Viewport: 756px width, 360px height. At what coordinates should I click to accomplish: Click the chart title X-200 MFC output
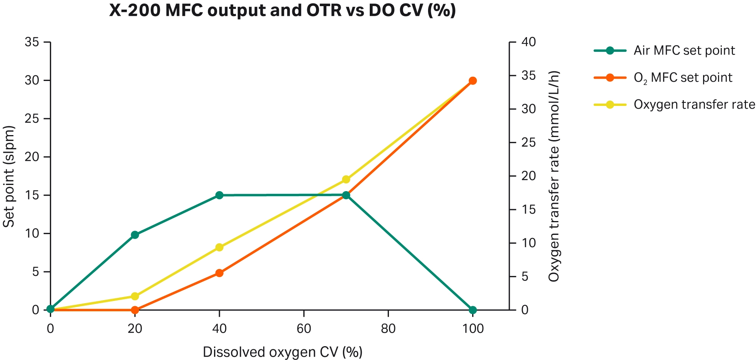tap(282, 10)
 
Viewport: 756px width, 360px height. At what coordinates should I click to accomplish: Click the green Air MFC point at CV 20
tap(135, 235)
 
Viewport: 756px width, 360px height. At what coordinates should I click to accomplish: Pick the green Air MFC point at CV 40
tap(219, 195)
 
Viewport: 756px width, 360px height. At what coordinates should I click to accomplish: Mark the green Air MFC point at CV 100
tap(473, 310)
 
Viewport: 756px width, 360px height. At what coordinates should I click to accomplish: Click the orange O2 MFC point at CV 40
tap(219, 273)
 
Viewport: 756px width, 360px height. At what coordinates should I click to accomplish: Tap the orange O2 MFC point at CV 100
tap(473, 81)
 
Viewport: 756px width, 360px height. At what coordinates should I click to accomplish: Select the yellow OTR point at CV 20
tap(135, 296)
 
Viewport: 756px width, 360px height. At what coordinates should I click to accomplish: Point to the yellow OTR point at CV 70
tap(346, 179)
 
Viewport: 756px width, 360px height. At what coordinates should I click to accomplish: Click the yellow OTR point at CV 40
tap(219, 247)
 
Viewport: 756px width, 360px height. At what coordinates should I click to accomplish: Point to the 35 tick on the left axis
tap(32, 42)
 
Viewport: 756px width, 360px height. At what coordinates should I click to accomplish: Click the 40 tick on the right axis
tap(528, 42)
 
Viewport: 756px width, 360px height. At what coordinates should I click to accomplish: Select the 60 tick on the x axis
tap(304, 329)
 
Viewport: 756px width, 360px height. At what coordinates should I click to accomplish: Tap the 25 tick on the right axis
tap(528, 143)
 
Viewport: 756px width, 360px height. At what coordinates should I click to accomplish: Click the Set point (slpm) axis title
tap(9, 177)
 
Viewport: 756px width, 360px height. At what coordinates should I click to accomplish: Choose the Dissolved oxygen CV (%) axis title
tap(282, 352)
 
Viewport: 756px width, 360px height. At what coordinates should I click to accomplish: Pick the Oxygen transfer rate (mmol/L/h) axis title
tap(554, 177)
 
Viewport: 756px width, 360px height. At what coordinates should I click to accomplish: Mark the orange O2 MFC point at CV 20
tap(135, 310)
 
